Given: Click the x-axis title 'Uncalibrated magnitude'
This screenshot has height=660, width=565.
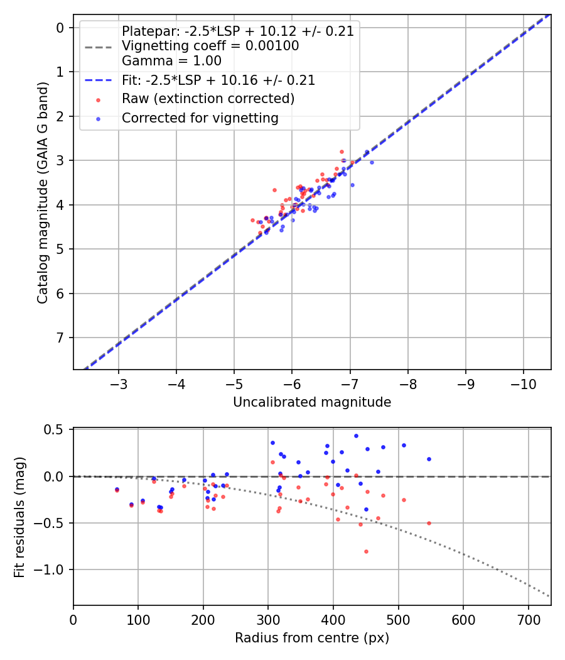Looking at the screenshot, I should [312, 402].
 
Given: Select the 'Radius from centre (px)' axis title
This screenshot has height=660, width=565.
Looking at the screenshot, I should [312, 638].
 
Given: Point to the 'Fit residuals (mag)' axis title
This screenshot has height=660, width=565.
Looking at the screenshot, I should [20, 516].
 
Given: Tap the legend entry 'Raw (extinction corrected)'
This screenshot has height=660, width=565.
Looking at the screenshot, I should [208, 99].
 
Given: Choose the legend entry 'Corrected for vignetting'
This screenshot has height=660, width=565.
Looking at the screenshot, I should [200, 118].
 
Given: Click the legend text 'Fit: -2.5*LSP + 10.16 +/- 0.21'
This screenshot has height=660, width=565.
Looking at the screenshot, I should [218, 80].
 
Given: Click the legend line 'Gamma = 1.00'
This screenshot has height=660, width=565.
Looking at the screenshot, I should [171, 61].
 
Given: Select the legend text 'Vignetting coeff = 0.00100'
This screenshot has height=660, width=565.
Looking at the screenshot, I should [210, 46].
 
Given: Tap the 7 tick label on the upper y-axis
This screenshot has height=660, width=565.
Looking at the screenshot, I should [61, 338].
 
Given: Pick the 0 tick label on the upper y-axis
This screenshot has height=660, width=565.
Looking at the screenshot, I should [61, 28].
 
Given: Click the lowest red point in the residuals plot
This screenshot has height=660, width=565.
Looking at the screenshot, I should [366, 551].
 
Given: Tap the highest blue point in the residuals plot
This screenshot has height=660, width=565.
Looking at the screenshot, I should [356, 436].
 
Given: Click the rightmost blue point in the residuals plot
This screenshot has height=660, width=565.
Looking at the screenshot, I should [429, 459].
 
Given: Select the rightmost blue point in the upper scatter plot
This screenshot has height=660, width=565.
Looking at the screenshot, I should [372, 162].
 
